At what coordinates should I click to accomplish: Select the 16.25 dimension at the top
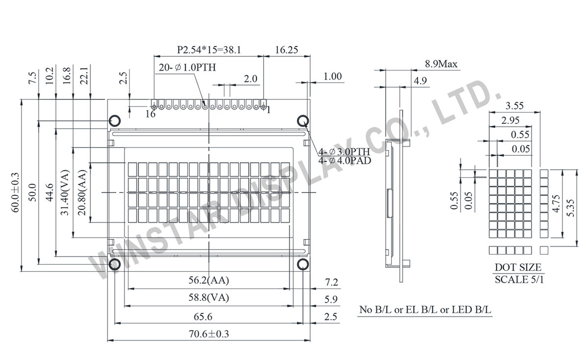click(287, 49)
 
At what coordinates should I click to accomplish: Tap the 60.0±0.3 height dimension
click(15, 192)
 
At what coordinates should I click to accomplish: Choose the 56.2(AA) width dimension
click(209, 281)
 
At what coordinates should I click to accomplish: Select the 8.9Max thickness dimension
click(441, 64)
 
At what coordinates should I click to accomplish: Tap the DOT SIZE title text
click(518, 267)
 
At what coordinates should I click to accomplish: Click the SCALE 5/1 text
click(518, 280)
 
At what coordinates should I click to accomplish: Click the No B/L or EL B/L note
click(426, 310)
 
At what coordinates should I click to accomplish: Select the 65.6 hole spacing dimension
click(209, 317)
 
